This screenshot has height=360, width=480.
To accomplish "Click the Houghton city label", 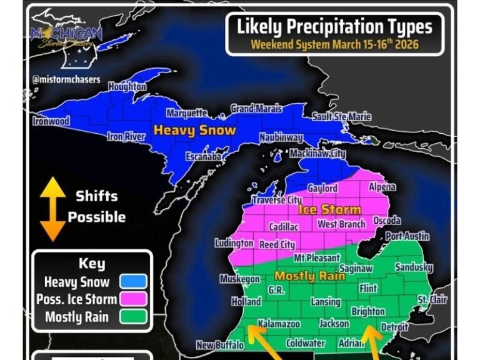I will (127, 87).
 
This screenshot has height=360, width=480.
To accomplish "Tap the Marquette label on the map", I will (186, 113).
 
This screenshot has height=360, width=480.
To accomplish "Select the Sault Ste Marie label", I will (341, 117).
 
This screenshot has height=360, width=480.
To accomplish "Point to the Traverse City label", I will (276, 200).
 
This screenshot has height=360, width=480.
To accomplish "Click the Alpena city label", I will (382, 187).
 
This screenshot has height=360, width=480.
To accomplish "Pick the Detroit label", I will (394, 327).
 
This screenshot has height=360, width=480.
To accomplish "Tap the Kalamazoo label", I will (279, 324).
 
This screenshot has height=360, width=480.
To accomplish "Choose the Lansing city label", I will (326, 302).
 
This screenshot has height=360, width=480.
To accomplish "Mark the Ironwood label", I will (51, 121).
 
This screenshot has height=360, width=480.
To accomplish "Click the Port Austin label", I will (407, 236).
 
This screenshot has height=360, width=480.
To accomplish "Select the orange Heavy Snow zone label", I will (195, 131).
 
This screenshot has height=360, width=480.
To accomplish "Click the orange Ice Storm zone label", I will (329, 209).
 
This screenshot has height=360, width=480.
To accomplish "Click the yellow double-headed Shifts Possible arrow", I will (53, 209).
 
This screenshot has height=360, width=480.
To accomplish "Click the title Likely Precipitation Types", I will (334, 27).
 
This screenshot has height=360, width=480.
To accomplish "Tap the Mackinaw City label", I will (317, 153).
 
